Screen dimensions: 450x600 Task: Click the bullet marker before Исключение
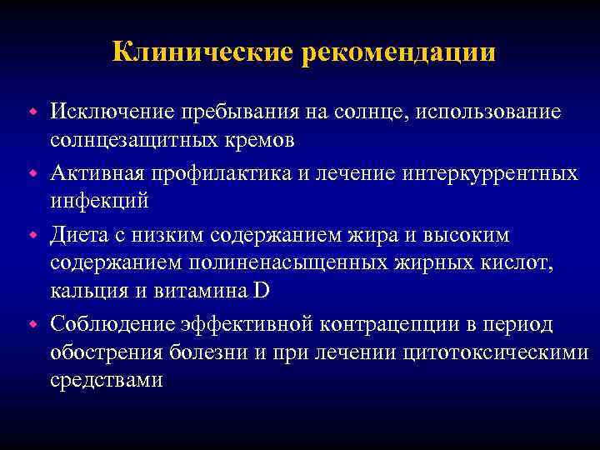click(35, 112)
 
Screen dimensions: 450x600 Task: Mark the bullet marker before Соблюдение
click(35, 322)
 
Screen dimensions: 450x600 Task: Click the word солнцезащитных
click(137, 139)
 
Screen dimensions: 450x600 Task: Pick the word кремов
click(261, 139)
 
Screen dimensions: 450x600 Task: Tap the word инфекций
click(99, 201)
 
